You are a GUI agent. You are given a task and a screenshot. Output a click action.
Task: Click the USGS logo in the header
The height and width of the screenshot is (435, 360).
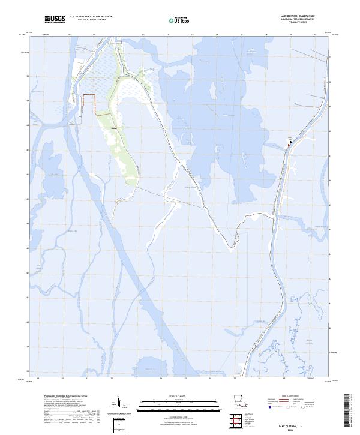click(x=55, y=20)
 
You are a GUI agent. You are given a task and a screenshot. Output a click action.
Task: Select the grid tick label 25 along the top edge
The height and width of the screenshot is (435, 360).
click(x=192, y=35)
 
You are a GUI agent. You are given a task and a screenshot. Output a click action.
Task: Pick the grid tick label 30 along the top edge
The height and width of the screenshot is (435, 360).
click(x=314, y=35)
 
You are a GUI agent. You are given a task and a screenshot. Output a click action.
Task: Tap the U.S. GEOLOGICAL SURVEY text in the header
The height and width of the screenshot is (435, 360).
click(x=91, y=20)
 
